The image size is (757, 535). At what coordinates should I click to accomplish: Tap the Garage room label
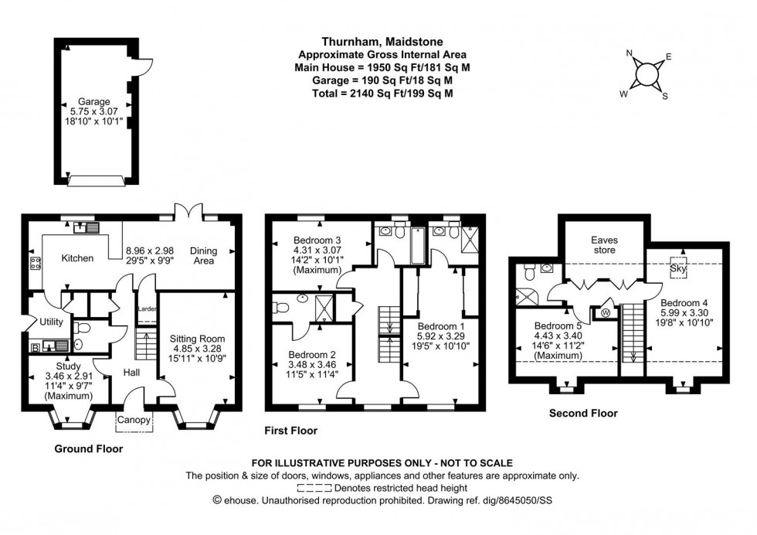click(x=93, y=101)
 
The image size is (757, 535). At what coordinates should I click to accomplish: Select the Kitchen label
click(x=78, y=258)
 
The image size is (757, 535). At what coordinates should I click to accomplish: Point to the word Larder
click(x=146, y=309)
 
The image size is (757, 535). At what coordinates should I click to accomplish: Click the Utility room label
click(x=51, y=321)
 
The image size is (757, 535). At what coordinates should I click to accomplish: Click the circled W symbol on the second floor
click(x=604, y=312)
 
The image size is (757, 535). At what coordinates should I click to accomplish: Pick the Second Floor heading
click(x=582, y=414)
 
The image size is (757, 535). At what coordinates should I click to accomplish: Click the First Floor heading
click(x=290, y=431)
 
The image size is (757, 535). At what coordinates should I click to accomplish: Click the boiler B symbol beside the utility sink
click(x=34, y=349)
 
